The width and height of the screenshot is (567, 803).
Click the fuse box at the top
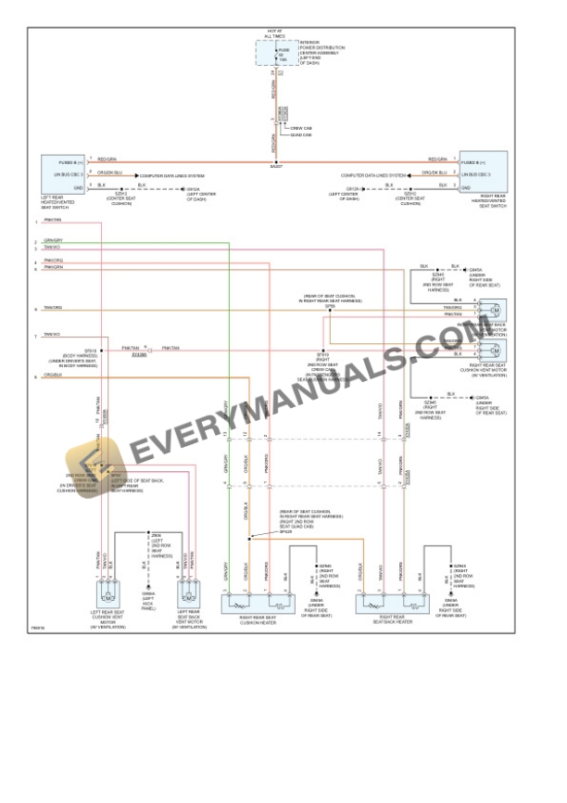tap(275, 54)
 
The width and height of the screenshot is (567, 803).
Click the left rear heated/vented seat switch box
tap(62, 172)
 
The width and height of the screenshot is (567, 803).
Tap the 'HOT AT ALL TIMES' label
tap(275, 34)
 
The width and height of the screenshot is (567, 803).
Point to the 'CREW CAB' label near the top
tap(301, 128)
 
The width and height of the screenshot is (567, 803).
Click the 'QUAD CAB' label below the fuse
tap(301, 135)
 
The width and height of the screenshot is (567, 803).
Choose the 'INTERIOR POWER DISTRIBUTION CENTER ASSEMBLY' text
tap(321, 51)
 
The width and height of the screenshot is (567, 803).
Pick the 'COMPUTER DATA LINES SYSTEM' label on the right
tap(373, 174)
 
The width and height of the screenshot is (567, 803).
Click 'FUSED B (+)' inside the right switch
tap(473, 162)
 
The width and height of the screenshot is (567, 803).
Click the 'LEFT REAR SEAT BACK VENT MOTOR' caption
tap(188, 618)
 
